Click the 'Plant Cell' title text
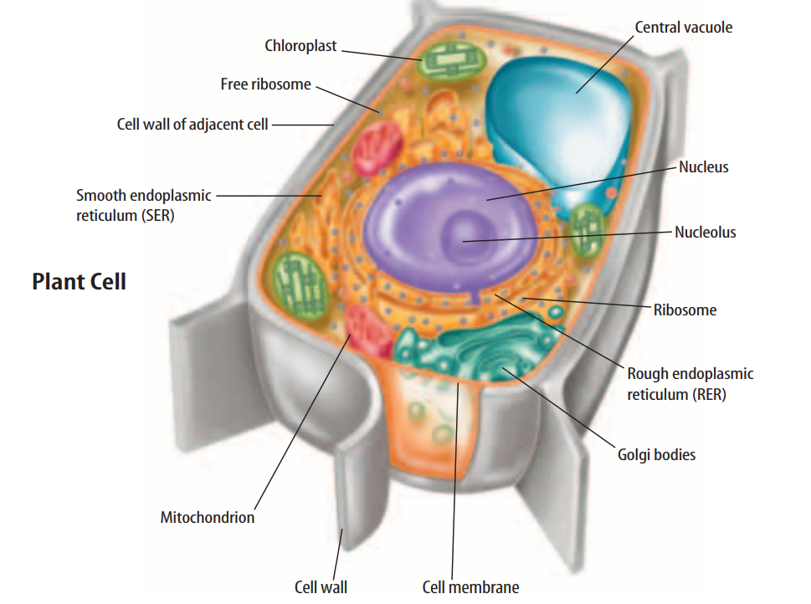coord(79,282)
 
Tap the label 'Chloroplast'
coord(300,46)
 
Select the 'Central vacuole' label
coord(683,28)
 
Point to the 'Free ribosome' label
coord(265,84)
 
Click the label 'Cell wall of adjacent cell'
coord(192,125)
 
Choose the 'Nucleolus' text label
coord(705,232)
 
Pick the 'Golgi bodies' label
coord(656,455)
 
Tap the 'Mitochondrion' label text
coord(207,517)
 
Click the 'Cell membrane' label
coord(470,586)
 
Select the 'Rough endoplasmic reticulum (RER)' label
coord(690,384)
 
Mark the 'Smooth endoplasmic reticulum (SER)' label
coord(143,205)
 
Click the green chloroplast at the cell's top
coord(452,63)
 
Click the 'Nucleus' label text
coord(703,166)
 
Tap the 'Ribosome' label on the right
coord(685,310)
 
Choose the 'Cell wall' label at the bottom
coord(321,586)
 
